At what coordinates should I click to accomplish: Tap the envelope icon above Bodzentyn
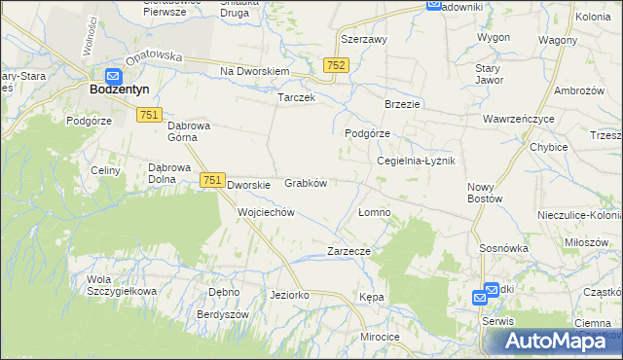point(113,75)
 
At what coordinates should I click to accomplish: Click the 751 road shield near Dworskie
point(212,180)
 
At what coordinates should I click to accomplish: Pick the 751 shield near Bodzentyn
point(149,115)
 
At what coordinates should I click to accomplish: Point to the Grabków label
point(305,182)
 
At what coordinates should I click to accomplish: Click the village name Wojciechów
point(266,211)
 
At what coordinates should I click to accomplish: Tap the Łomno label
point(374,211)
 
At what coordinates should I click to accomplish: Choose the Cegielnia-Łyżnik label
point(416,161)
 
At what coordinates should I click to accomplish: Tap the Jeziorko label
point(289,294)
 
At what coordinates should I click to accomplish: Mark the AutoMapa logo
point(551,341)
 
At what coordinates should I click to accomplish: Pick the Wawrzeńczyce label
point(519,119)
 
